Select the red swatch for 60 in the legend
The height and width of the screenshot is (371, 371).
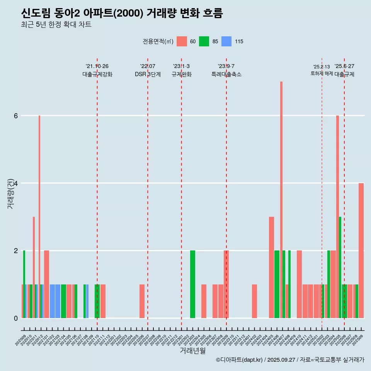pyautogui.click(x=182, y=41)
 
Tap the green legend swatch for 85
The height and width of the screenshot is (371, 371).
pyautogui.click(x=204, y=41)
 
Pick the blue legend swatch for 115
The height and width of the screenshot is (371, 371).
pyautogui.click(x=226, y=41)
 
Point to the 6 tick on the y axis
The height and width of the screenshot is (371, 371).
pyautogui.click(x=16, y=116)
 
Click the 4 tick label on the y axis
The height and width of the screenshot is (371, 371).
pyautogui.click(x=16, y=183)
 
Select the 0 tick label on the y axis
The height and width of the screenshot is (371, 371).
pyautogui.click(x=16, y=318)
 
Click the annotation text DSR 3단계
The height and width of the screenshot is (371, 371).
pyautogui.click(x=148, y=74)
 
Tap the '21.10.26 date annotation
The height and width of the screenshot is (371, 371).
pyautogui.click(x=97, y=66)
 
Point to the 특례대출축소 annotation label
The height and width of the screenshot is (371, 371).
pyautogui.click(x=226, y=74)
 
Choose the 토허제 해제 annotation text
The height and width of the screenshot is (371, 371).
pyautogui.click(x=322, y=73)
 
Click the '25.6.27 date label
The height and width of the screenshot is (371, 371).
pyautogui.click(x=344, y=66)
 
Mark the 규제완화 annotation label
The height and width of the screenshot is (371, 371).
pyautogui.click(x=181, y=74)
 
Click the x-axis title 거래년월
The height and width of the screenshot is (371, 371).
pyautogui.click(x=192, y=351)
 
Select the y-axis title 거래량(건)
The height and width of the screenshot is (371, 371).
pyautogui.click(x=10, y=193)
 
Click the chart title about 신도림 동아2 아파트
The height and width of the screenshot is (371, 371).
pyautogui.click(x=122, y=14)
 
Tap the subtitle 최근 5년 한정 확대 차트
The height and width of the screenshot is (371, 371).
pyautogui.click(x=56, y=25)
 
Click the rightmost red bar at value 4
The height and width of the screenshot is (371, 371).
pyautogui.click(x=361, y=250)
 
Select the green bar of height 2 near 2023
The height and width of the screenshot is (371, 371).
pyautogui.click(x=192, y=284)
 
